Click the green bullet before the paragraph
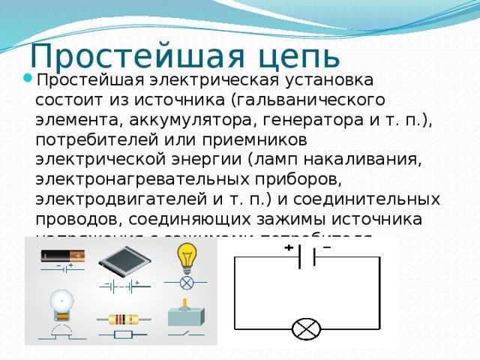pos(27,77)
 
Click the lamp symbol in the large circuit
pos(306,328)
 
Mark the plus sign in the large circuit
pos(287,249)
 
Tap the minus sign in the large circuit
pos(328,248)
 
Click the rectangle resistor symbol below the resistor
pos(121,334)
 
